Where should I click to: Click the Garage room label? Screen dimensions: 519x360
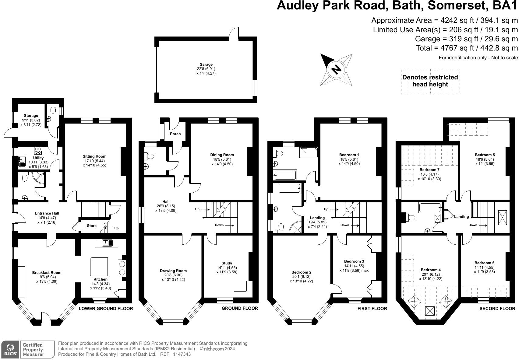[x=206, y=65]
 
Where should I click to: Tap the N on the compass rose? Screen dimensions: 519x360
[x=336, y=69]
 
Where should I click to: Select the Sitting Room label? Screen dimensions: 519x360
[x=94, y=156]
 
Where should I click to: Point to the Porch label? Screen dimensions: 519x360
[x=175, y=134]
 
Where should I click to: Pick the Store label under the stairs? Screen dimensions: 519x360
[x=91, y=226]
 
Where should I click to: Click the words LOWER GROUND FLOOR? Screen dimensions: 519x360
[x=106, y=309]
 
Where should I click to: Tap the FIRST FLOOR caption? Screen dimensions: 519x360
[x=372, y=309]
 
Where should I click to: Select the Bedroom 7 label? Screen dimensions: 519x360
[x=429, y=170]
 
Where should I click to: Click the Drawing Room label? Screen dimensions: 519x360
[x=173, y=271]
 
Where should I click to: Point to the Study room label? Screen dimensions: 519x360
[x=227, y=263]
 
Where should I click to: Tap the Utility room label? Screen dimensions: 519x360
[x=38, y=158]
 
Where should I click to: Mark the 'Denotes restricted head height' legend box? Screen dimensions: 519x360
[x=430, y=81]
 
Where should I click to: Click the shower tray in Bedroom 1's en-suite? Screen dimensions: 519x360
[x=309, y=152]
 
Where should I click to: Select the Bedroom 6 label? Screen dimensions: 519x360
[x=484, y=263]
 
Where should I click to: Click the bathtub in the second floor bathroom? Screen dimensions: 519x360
[x=430, y=208]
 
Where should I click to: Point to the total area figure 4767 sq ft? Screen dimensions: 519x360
[x=454, y=48]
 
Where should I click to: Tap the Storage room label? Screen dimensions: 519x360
[x=31, y=116]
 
